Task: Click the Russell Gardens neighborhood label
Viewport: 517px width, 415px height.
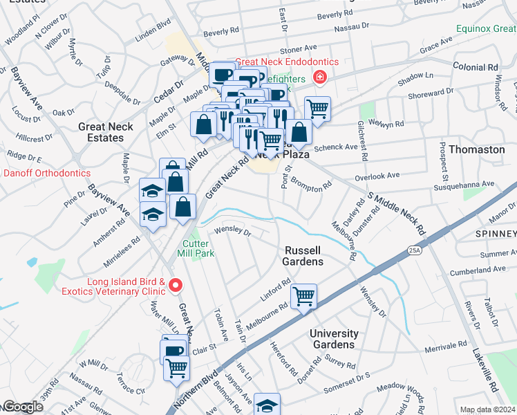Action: click(303, 255)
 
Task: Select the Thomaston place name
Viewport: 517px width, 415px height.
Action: click(477, 149)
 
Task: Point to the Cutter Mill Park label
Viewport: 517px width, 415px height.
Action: click(198, 248)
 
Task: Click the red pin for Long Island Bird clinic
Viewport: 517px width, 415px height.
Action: click(176, 285)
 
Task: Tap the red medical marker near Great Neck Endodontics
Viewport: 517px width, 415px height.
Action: click(319, 77)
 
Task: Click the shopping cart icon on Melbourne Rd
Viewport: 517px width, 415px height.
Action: click(303, 297)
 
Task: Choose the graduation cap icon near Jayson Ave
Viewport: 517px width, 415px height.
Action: click(267, 405)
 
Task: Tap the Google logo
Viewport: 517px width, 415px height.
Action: click(22, 407)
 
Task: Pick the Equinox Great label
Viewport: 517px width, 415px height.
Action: click(486, 29)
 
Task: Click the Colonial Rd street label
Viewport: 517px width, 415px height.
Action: click(476, 67)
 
